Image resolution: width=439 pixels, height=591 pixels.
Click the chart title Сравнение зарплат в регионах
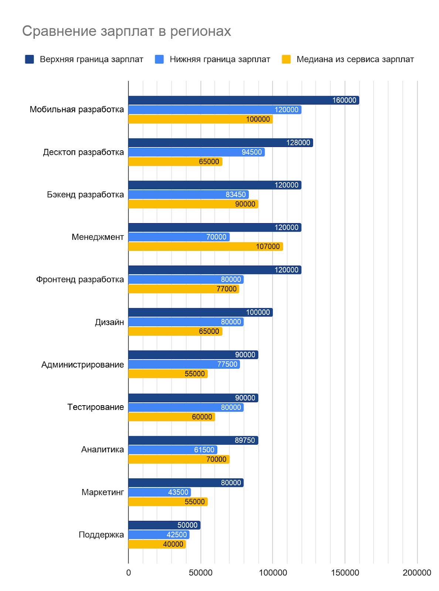tap(126, 31)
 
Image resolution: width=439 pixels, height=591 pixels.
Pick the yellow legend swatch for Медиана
tap(286, 59)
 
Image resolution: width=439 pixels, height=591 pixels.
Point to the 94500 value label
tap(252, 152)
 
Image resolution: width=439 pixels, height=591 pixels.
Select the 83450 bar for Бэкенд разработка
tap(188, 195)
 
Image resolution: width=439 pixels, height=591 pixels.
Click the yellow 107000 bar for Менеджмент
tap(205, 246)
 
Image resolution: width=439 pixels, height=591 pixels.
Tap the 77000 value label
tap(227, 289)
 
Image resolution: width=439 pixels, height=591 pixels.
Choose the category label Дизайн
tap(109, 322)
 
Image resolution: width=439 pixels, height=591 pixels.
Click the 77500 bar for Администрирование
tap(184, 364)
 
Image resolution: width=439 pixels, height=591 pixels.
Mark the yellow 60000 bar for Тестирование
tap(171, 417)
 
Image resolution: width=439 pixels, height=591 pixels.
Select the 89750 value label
tap(245, 440)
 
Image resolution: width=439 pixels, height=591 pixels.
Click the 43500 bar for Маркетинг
tap(159, 492)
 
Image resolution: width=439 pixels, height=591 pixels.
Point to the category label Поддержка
tap(101, 534)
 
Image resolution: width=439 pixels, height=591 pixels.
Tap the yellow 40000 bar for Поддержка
tap(157, 544)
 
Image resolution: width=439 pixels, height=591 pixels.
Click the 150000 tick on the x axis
tap(345, 573)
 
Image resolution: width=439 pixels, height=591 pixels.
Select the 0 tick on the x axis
tap(128, 573)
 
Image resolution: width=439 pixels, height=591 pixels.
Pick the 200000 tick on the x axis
tap(417, 573)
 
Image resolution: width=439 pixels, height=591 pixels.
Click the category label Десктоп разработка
tap(83, 152)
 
